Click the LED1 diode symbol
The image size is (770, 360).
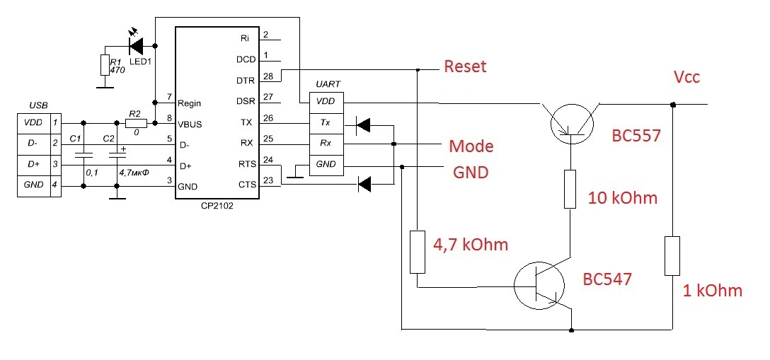136,46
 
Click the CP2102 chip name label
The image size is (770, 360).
217,207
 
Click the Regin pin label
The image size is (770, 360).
190,103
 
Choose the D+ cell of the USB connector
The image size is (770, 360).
34,164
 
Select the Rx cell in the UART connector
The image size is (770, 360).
326,143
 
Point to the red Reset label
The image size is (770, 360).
465,66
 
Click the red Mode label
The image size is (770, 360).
471,146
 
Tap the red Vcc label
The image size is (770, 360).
686,78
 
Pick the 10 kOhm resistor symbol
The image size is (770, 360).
570,190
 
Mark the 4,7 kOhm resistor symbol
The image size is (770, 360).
417,252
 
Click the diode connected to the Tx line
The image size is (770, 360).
362,126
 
